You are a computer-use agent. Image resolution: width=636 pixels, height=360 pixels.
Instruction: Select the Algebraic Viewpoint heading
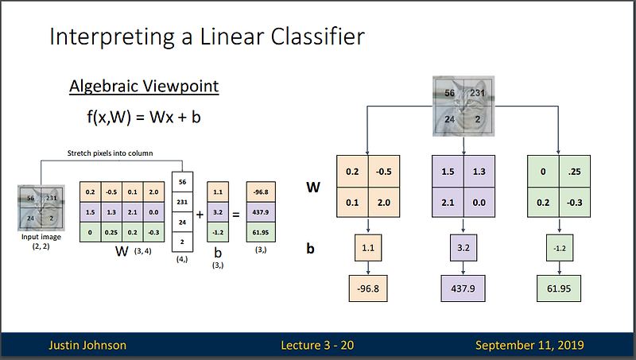(x=143, y=87)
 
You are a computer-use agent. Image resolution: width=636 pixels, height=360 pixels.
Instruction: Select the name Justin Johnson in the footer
(x=87, y=345)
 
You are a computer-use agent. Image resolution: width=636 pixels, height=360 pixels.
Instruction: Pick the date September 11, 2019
(x=529, y=345)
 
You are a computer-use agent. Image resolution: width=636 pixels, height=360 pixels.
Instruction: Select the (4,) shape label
(x=183, y=258)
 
